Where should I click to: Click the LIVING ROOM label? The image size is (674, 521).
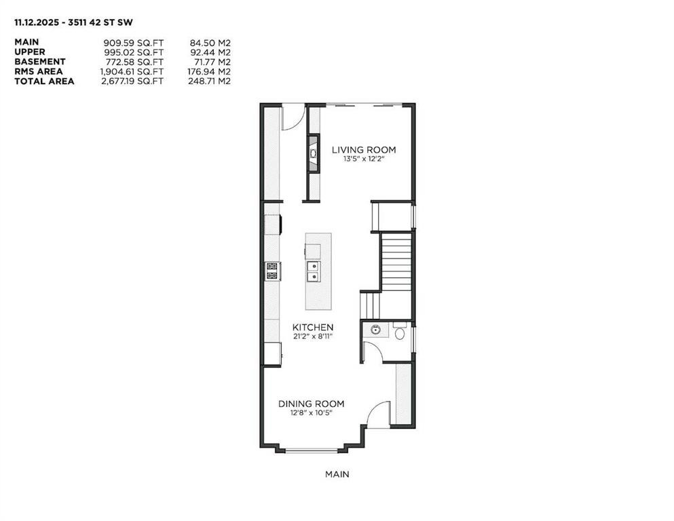pyautogui.click(x=363, y=150)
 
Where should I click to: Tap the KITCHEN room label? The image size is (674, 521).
pyautogui.click(x=313, y=327)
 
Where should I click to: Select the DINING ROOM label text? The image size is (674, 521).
pyautogui.click(x=311, y=404)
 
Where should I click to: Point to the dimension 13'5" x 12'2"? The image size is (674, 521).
pyautogui.click(x=363, y=159)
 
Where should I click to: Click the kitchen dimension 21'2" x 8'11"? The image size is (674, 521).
pyautogui.click(x=313, y=336)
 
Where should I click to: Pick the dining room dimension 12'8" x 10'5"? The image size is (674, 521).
pyautogui.click(x=311, y=412)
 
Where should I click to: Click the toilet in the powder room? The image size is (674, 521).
pyautogui.click(x=399, y=332)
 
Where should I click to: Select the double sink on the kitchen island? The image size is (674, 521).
pyautogui.click(x=313, y=271)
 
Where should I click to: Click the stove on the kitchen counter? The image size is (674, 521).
pyautogui.click(x=272, y=271)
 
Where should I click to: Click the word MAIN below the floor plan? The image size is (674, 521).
pyautogui.click(x=337, y=474)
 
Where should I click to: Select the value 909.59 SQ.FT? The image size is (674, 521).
pyautogui.click(x=134, y=42)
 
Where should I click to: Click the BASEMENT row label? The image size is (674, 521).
pyautogui.click(x=40, y=62)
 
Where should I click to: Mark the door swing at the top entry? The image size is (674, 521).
pyautogui.click(x=291, y=117)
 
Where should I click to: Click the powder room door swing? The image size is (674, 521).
pyautogui.click(x=373, y=351)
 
